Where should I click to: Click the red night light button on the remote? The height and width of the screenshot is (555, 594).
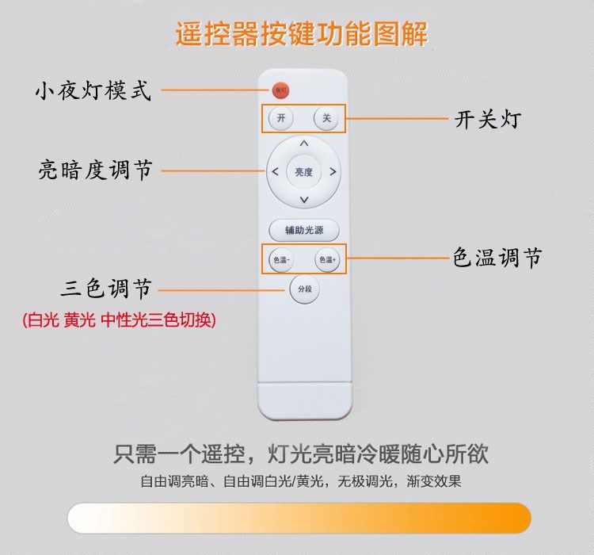pyautogui.click(x=280, y=90)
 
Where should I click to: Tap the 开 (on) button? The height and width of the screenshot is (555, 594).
pyautogui.click(x=280, y=119)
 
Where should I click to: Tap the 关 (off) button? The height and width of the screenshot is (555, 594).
pyautogui.click(x=326, y=119)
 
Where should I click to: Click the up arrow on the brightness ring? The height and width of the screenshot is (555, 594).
pyautogui.click(x=304, y=144)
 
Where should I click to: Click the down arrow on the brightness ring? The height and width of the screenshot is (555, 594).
pyautogui.click(x=304, y=201)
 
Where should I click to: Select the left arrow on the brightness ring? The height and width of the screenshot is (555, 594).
pyautogui.click(x=275, y=172)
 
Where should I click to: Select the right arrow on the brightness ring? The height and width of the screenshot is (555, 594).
pyautogui.click(x=333, y=172)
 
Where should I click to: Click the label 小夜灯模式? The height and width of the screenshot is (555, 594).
pyautogui.click(x=93, y=90)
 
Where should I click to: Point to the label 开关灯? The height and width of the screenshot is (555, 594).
pyautogui.click(x=487, y=120)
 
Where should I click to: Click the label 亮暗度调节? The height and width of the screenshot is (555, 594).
pyautogui.click(x=95, y=170)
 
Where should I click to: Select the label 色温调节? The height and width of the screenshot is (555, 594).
pyautogui.click(x=497, y=258)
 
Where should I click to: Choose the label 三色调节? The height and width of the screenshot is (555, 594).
pyautogui.click(x=106, y=289)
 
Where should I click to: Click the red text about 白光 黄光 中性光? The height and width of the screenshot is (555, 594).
pyautogui.click(x=119, y=320)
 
